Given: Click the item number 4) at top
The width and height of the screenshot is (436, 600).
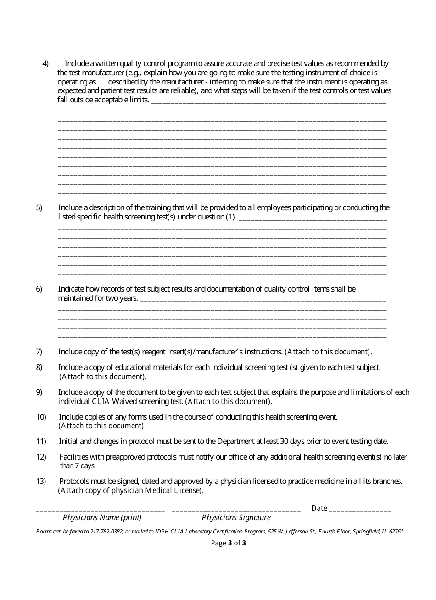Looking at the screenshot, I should coord(45,64).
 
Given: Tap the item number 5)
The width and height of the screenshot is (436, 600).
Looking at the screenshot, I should coord(39,208).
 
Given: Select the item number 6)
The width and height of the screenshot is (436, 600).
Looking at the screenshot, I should coord(39,289).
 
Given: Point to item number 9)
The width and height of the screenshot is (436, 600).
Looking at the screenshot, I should coord(39,392).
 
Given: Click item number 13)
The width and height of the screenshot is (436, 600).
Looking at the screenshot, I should coord(41,482).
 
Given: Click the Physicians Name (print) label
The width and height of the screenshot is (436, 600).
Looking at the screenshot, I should coord(102,517).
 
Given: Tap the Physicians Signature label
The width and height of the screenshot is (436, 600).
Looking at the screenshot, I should coord(236,517).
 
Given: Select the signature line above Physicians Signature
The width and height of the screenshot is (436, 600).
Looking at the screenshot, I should coord(236,510).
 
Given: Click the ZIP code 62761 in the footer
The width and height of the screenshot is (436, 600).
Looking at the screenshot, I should coord(396,532).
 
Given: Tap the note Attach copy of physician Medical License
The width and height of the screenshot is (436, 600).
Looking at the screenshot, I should coord(130,490).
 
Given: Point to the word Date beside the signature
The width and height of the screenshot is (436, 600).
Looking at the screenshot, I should coord(319,508).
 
